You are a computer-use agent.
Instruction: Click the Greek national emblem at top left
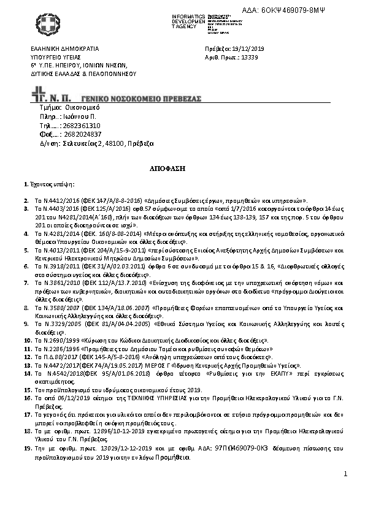46,26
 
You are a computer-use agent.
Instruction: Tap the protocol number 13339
250,57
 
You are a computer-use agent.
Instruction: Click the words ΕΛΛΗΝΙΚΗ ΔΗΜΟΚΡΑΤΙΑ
64,48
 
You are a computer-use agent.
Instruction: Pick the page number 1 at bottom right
345,474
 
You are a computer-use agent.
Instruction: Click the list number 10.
26,338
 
